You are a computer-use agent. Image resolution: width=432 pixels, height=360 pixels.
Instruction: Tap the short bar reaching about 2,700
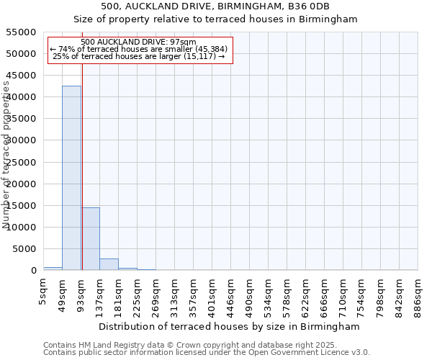coord(109,264)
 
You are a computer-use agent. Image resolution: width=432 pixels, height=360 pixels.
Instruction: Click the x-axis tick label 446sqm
coord(231,293)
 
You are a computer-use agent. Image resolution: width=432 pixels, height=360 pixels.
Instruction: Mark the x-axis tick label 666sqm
coord(325,293)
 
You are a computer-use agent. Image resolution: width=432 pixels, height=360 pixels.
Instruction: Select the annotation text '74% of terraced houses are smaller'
coord(138,49)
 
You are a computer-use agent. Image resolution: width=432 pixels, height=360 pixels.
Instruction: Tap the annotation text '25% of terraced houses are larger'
coord(139,56)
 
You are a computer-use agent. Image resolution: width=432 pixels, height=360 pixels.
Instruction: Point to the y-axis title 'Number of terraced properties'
coord(6,155)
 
